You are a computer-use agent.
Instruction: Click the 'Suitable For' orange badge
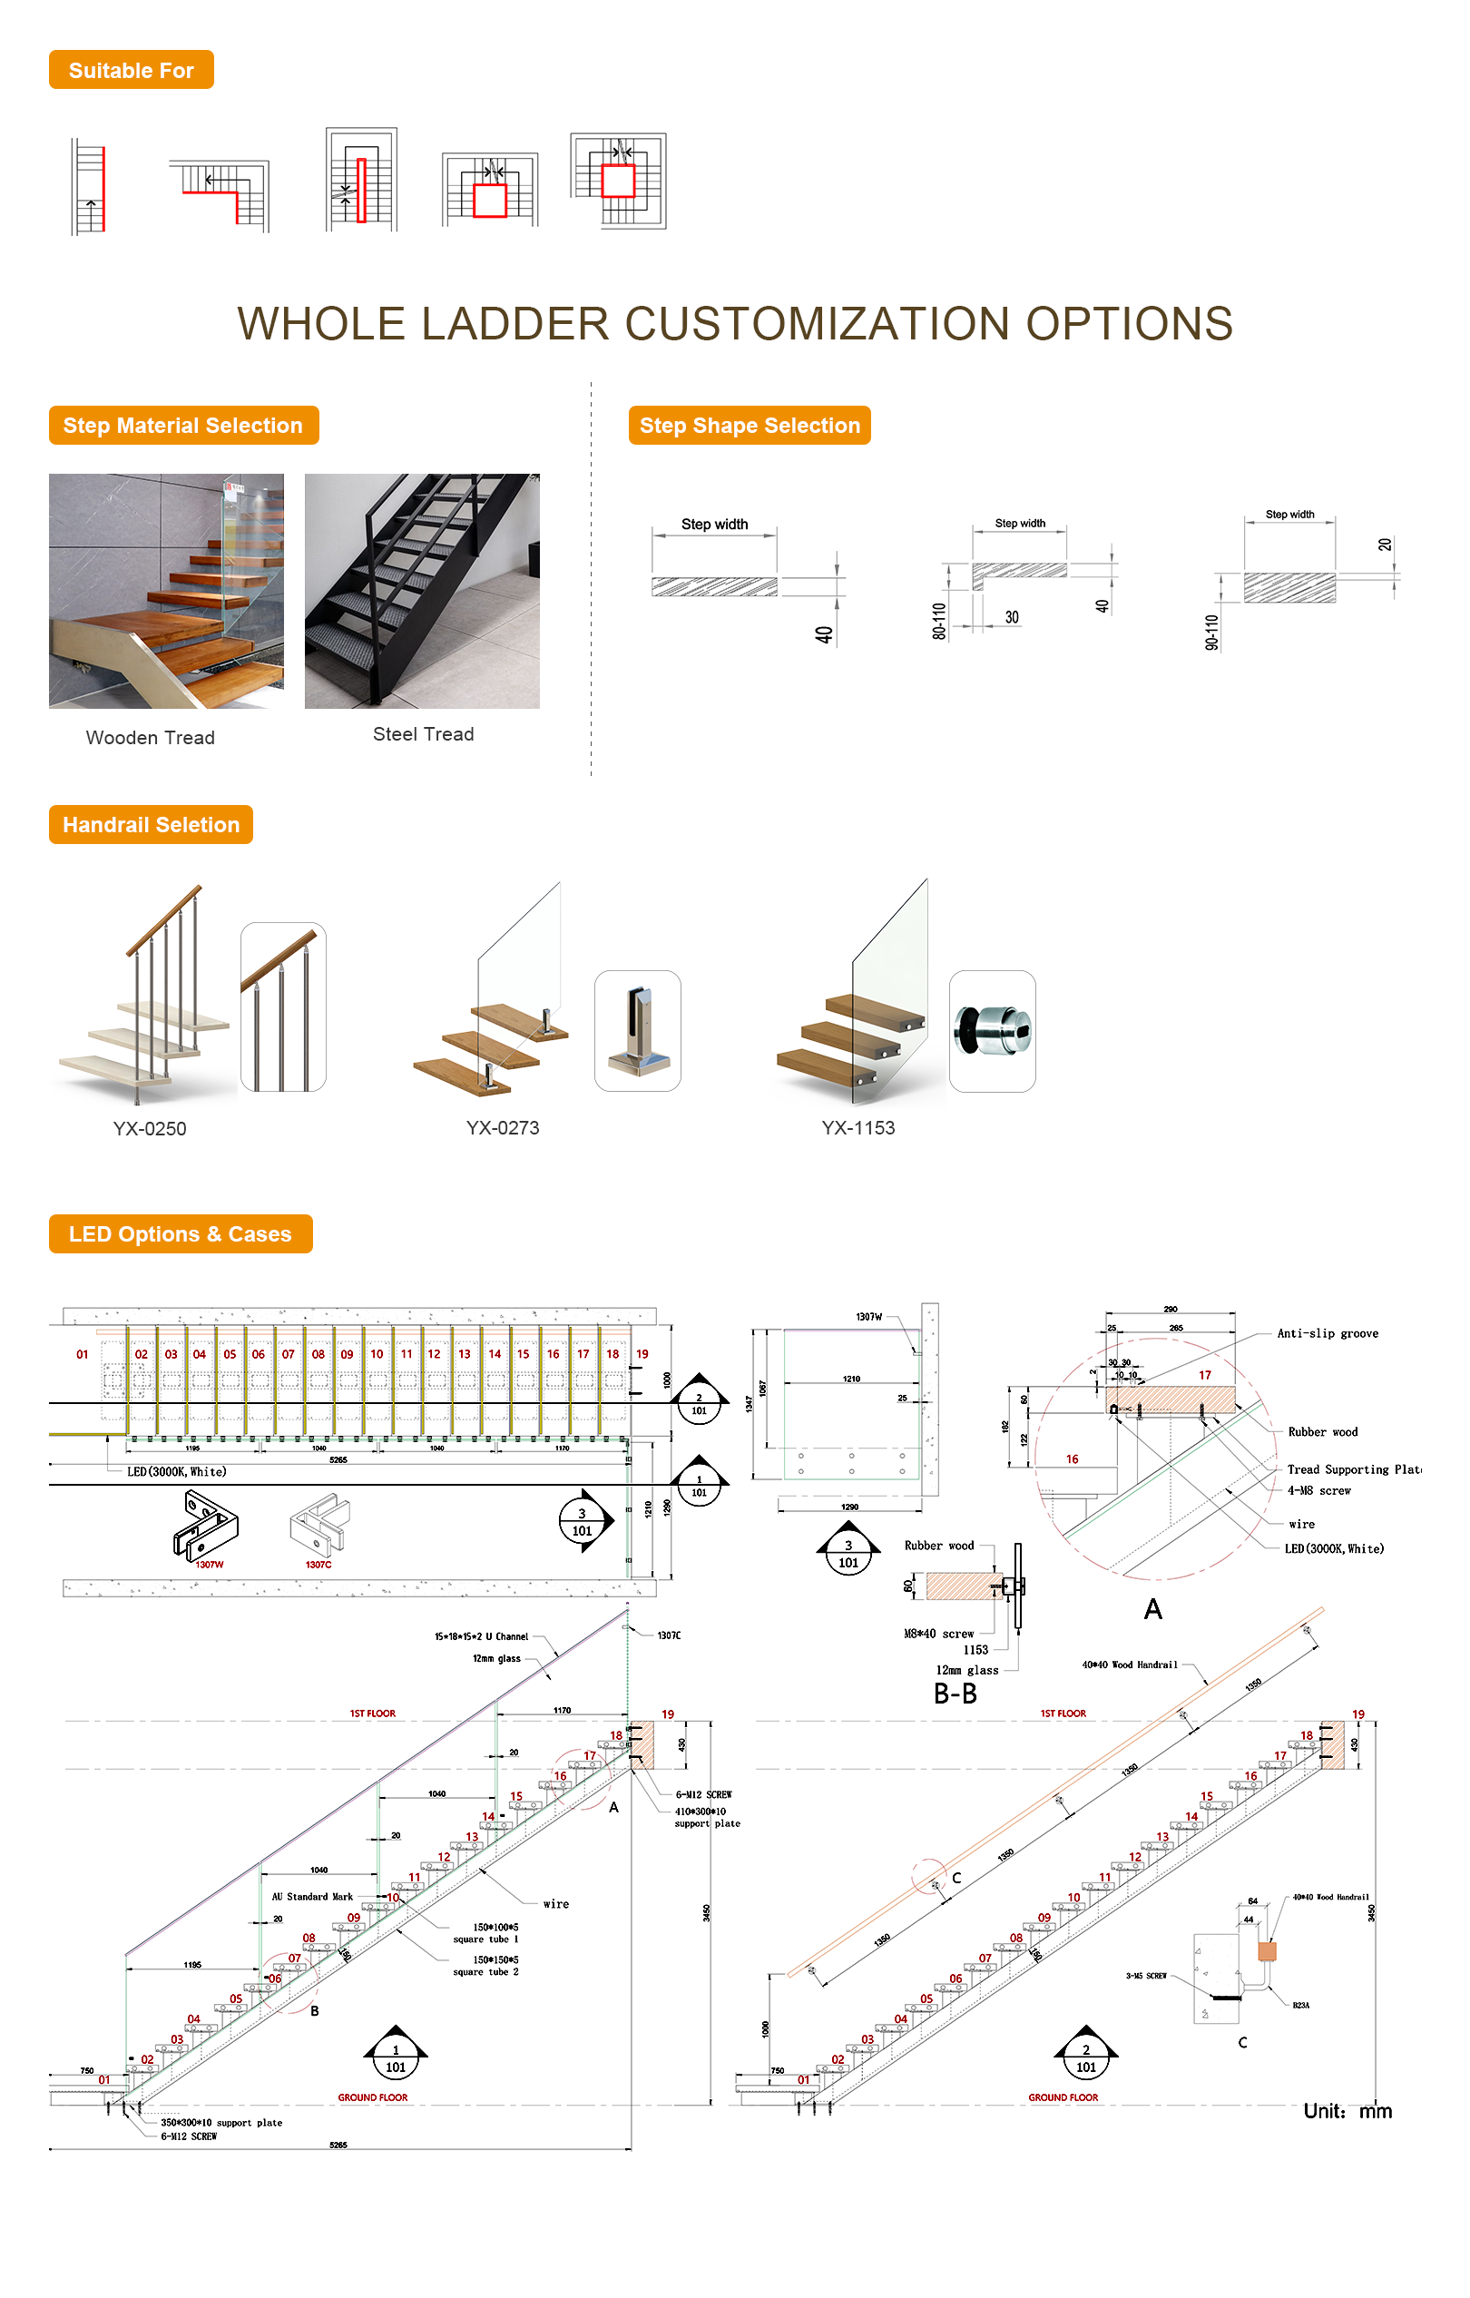coord(131,70)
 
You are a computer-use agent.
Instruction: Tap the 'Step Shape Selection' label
coord(749,426)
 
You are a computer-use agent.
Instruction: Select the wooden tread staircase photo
coord(166,591)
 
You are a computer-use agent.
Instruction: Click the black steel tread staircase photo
coord(421,591)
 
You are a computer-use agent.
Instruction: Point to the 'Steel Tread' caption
coord(423,734)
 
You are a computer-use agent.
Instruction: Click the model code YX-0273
coord(502,1127)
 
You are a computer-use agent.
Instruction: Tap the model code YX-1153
coord(857,1127)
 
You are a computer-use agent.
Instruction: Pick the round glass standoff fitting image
coord(992,1031)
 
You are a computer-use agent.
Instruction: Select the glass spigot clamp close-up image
coord(637,1031)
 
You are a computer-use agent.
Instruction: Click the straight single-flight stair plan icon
coord(89,186)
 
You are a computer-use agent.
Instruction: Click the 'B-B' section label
coord(955,1694)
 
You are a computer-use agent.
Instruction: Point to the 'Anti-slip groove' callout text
coord(1327,1334)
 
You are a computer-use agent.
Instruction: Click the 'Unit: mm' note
coord(1347,2111)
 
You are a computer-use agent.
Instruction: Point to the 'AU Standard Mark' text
coord(312,1897)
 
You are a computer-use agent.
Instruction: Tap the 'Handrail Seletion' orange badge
coord(151,825)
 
